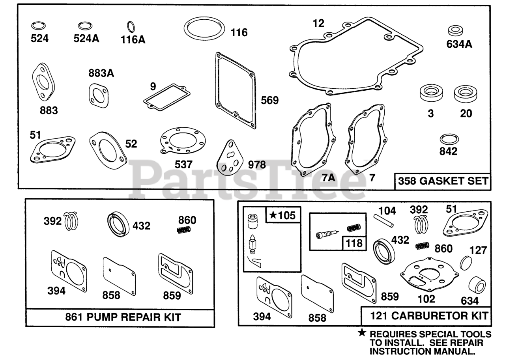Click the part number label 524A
coord(86,39)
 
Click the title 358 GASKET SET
coord(442,181)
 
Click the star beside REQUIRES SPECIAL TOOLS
coord(362,333)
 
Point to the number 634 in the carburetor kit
coord(469,301)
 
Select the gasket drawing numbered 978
coord(231,158)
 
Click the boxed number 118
coord(353,243)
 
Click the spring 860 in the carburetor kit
coord(422,246)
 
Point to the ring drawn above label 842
coord(448,139)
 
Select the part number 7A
coord(328,178)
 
